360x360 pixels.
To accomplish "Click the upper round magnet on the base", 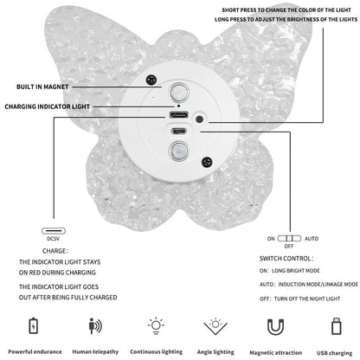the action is pos(178,93).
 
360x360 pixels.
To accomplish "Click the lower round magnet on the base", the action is pos(178,151).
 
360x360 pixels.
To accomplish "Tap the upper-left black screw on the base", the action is pos(151,80).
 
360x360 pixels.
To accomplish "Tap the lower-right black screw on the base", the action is pos(207,163).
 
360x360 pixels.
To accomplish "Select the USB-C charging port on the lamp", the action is pos(179,115).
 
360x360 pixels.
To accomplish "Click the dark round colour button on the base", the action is pos(199,119).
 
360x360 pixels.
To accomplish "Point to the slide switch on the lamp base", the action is pos(179,132).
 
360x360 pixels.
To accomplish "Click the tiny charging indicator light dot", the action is pos(179,106).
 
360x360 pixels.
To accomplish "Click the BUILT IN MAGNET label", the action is pos(42,87).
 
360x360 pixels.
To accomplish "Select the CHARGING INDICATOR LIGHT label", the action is pos(48,106).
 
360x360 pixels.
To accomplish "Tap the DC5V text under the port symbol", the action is pos(54,239).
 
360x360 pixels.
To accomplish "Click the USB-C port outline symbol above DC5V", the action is pos(54,231).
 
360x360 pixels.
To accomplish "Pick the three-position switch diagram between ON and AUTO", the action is pos(289,238).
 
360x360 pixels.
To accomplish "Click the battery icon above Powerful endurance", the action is pos(34,325).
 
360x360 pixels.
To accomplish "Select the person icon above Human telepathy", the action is pos(95,326).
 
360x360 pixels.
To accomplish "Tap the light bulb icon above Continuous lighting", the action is pos(156,325).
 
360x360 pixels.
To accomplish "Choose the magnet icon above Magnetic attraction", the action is pos(276,327).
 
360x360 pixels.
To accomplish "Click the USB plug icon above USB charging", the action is pos(337,326).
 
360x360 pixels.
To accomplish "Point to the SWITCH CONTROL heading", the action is pos(286,259).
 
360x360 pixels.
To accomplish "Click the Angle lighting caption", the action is pos(215,352).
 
